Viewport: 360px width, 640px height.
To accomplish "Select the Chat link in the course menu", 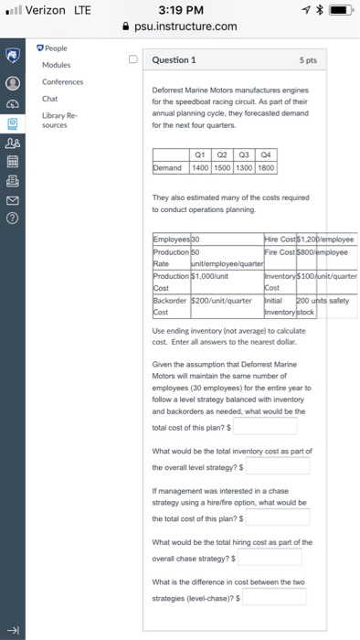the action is [49, 97].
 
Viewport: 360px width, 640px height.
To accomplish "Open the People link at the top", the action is [53, 47].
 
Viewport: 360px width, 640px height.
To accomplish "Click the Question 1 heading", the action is [170, 61].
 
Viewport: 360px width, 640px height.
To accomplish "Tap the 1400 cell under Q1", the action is [198, 168].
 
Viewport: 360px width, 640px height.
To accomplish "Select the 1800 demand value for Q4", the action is [265, 168].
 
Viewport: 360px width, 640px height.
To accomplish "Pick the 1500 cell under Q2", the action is [221, 168].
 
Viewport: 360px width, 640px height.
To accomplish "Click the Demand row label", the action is [170, 168].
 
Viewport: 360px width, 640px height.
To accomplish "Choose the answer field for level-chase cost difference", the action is [274, 596].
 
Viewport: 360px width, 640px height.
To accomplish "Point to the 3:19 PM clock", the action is [179, 10].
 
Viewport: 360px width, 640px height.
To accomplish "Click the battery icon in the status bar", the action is [338, 10].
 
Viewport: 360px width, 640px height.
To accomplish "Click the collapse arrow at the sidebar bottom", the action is [13, 631].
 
